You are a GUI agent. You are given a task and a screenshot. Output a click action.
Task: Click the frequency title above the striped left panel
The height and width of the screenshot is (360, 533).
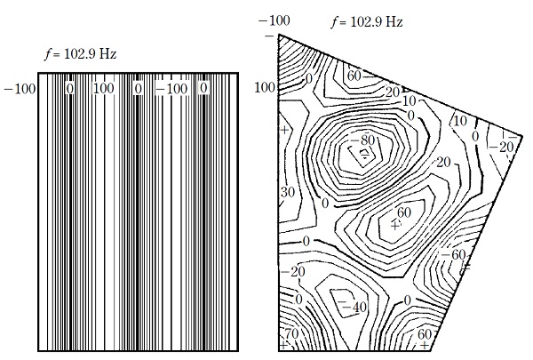(81, 54)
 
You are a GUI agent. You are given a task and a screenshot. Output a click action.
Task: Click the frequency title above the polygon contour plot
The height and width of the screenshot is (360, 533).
(366, 21)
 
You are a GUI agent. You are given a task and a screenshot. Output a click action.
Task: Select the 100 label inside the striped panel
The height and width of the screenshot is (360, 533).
(104, 89)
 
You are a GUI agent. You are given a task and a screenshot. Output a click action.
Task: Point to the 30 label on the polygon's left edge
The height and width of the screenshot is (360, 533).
(288, 192)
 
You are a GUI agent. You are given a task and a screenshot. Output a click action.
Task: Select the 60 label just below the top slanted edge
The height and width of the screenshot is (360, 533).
(354, 76)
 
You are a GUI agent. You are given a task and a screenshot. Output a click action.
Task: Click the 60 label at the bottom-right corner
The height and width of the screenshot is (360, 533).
(424, 334)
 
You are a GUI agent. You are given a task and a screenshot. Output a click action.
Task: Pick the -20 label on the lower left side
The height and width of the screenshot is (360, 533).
(298, 272)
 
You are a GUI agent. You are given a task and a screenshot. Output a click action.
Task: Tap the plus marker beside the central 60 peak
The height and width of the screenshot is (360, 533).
(395, 226)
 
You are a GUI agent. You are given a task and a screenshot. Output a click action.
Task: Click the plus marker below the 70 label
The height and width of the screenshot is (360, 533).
(284, 344)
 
